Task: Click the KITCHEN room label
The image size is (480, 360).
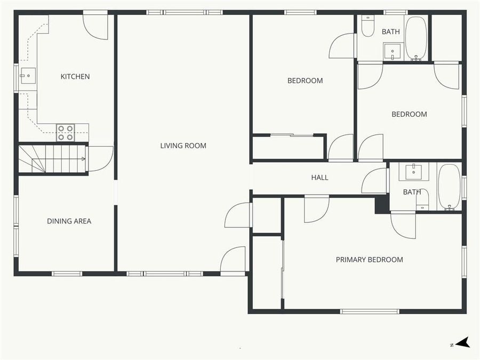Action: [75, 77]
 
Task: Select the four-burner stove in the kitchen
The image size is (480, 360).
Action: [65, 133]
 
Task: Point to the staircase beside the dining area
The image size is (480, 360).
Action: [53, 158]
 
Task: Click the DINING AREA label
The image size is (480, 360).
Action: [69, 221]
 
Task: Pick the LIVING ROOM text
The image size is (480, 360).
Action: [183, 146]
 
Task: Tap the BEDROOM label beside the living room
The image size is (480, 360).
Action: [305, 81]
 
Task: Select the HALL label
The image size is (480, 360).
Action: [319, 178]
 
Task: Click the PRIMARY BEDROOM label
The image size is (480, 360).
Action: [369, 260]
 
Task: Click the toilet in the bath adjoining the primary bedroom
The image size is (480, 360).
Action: [422, 201]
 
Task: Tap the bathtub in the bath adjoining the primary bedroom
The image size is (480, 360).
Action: [449, 187]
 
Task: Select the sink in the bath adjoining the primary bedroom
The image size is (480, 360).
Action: [414, 172]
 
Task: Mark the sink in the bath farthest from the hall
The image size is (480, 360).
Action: [393, 51]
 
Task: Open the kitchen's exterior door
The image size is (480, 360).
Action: [96, 26]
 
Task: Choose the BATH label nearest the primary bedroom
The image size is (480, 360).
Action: [412, 192]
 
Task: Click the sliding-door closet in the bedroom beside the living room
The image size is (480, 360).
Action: [289, 147]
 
